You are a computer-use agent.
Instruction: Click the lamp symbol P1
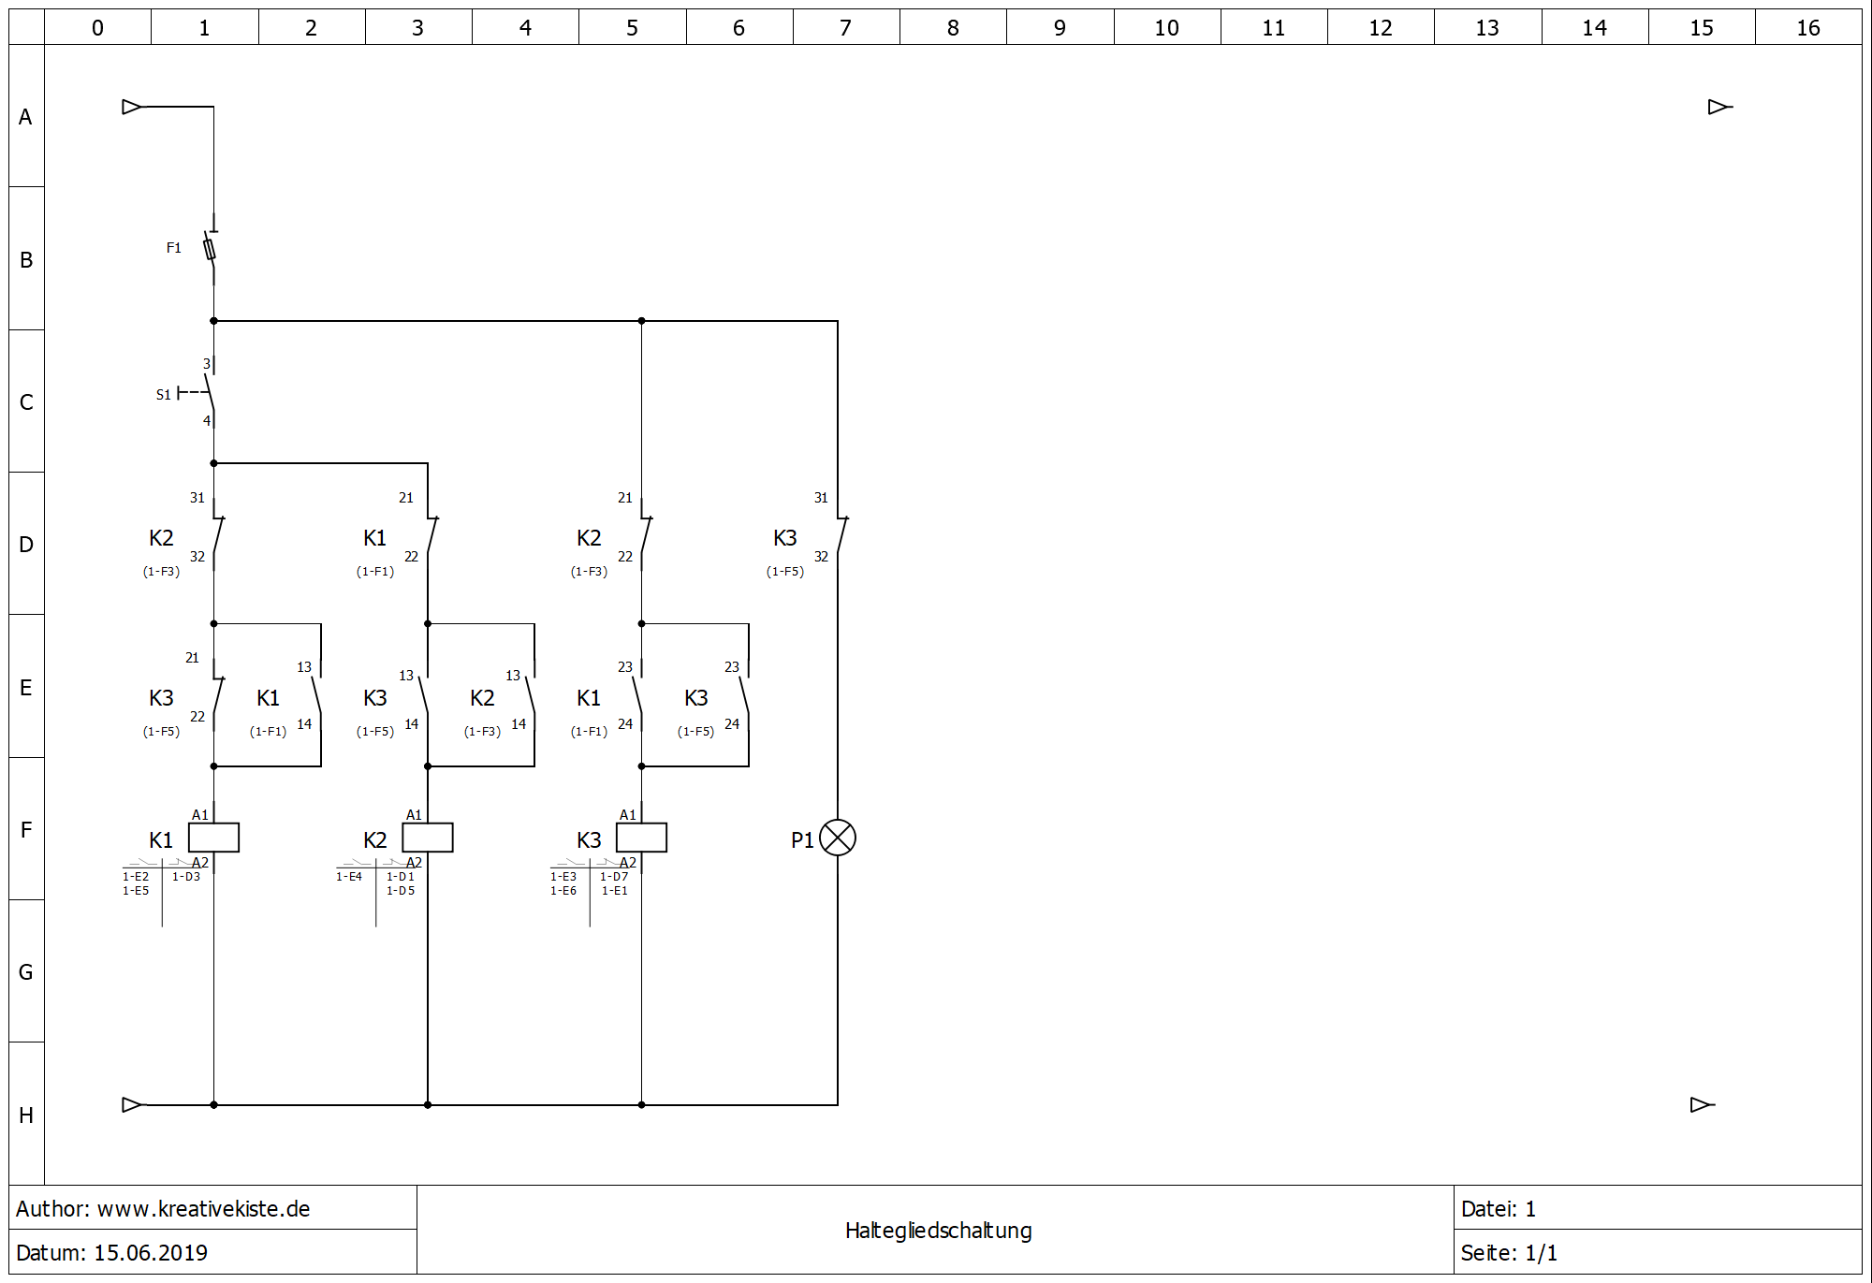(x=837, y=838)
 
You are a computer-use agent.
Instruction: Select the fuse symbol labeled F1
(x=211, y=249)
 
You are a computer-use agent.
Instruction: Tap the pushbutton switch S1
(x=210, y=393)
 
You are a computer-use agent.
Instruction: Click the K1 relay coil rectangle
(x=213, y=838)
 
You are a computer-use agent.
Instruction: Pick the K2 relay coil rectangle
(x=428, y=838)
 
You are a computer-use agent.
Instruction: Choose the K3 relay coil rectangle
(x=641, y=838)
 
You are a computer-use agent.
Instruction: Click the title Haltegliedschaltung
(x=938, y=1231)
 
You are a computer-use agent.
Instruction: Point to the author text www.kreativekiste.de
(x=203, y=1209)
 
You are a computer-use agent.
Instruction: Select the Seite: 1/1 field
(x=1509, y=1253)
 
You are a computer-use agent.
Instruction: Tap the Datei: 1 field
(x=1498, y=1209)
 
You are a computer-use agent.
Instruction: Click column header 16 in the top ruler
(x=1807, y=28)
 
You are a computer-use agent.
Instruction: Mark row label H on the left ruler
(x=26, y=1115)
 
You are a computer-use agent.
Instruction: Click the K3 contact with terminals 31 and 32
(x=841, y=535)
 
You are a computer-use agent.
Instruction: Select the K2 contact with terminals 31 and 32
(x=217, y=535)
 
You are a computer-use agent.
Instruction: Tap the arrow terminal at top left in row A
(x=132, y=107)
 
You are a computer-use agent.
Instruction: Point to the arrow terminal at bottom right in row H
(x=1701, y=1105)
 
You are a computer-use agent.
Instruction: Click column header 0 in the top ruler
(x=97, y=28)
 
